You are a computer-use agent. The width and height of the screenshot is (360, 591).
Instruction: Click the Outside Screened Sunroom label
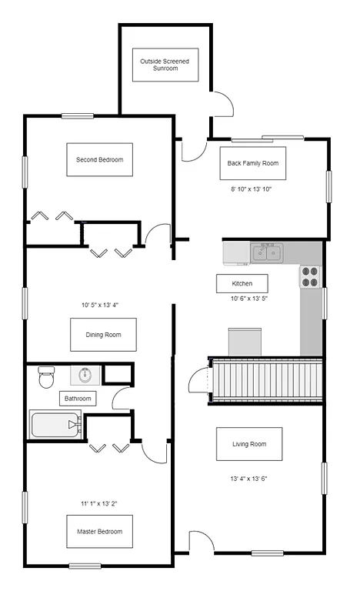click(x=165, y=65)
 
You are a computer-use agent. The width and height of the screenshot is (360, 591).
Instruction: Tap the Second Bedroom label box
click(x=99, y=160)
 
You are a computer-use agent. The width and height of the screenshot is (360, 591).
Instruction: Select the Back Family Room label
click(x=252, y=163)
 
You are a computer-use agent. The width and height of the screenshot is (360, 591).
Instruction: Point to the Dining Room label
click(x=102, y=335)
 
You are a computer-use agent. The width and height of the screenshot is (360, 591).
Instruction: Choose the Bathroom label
click(x=78, y=399)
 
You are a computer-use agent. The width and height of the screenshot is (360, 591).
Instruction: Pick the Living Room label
click(x=248, y=444)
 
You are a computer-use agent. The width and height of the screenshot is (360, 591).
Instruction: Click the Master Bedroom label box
click(x=99, y=531)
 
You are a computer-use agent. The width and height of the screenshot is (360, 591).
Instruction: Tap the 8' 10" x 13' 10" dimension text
click(x=252, y=189)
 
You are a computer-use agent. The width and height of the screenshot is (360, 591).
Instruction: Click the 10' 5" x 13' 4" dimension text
click(x=99, y=306)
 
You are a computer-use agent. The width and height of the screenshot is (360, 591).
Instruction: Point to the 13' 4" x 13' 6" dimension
click(x=248, y=478)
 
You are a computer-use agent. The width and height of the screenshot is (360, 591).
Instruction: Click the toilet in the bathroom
click(x=47, y=377)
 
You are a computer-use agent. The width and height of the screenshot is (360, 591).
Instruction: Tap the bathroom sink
click(x=85, y=376)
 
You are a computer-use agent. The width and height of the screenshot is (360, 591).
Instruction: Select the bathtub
click(x=55, y=424)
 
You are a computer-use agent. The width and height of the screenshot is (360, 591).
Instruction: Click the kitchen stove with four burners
click(x=309, y=276)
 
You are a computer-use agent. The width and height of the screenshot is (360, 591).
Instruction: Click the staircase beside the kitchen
click(x=265, y=380)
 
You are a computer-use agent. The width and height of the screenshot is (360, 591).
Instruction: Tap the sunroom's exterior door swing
click(x=221, y=104)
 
